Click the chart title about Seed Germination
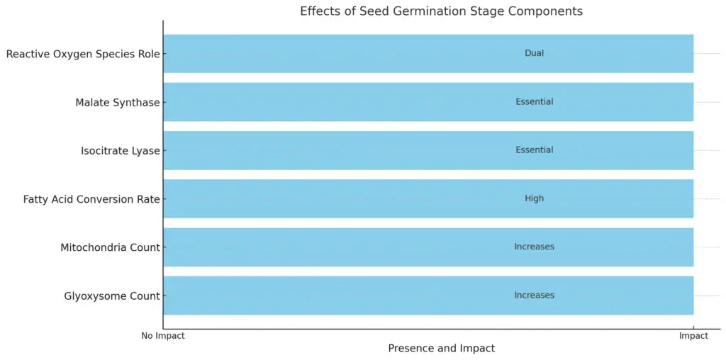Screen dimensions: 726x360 [x=441, y=11]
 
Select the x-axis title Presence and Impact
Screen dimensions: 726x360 [x=441, y=348]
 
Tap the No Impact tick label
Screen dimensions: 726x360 [x=163, y=336]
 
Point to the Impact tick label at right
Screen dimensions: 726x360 [x=693, y=336]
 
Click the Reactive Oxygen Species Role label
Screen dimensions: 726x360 [x=83, y=54]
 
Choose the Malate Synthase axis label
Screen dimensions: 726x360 [x=118, y=102]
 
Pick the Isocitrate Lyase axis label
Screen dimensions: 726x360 [x=121, y=151]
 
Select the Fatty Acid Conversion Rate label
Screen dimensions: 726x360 [x=91, y=199]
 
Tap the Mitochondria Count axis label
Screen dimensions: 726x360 [x=110, y=247]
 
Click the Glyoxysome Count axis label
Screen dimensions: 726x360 [x=112, y=296]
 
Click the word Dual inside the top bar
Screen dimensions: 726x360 [x=535, y=53]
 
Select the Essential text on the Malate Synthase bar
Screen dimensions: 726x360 [x=535, y=102]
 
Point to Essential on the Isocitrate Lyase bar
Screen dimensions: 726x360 [x=535, y=150]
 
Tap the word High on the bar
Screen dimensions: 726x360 [x=535, y=198]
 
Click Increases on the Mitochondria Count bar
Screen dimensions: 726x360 [x=535, y=247]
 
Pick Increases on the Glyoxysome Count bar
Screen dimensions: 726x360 [x=535, y=296]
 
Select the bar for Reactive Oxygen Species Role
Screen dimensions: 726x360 [x=428, y=53]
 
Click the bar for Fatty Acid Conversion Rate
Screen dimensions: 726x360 [x=428, y=198]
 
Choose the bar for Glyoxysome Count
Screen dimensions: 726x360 [x=428, y=296]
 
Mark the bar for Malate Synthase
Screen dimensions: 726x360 [x=428, y=102]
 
